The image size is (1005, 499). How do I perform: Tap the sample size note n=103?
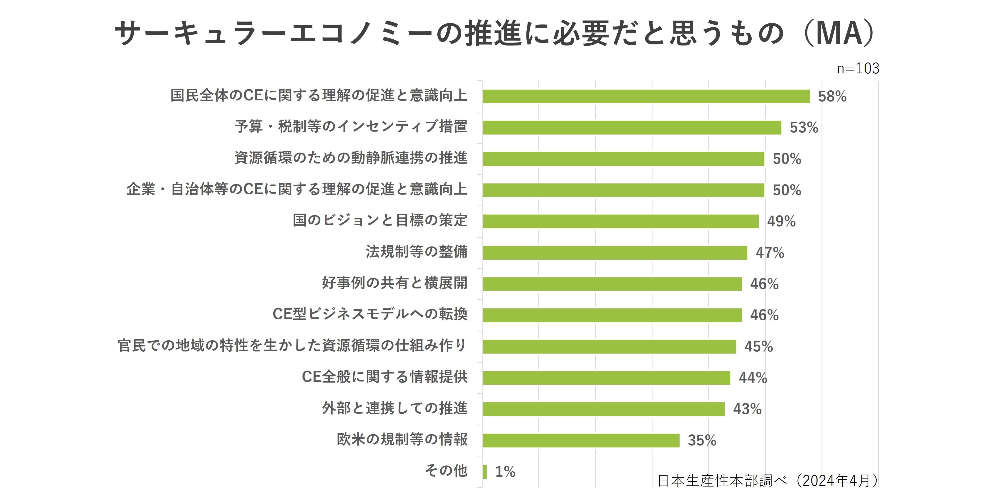coord(857,69)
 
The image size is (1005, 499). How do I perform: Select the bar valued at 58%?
coord(646,96)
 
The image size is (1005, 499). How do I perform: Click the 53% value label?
coord(804,128)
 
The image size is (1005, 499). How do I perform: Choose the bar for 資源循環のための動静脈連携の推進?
coord(623,159)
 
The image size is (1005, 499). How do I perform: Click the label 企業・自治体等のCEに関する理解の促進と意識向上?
coord(296,189)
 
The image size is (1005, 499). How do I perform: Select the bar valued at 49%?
coord(620,221)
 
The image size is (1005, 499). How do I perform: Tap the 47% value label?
coord(769,253)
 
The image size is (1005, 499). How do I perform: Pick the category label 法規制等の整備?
coord(416,252)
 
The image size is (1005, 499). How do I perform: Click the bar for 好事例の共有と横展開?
coord(612,284)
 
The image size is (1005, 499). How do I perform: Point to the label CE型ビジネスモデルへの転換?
coord(370,314)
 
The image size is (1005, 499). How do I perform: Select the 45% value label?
coord(759,346)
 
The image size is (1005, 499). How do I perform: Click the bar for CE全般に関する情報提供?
coord(606,378)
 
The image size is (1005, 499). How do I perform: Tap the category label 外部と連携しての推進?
coord(395,408)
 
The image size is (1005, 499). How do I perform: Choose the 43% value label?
coord(747,409)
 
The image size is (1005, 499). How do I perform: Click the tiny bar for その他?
coord(485,472)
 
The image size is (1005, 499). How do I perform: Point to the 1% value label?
coord(505,472)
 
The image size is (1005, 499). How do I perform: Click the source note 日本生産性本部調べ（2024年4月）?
coord(767,481)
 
